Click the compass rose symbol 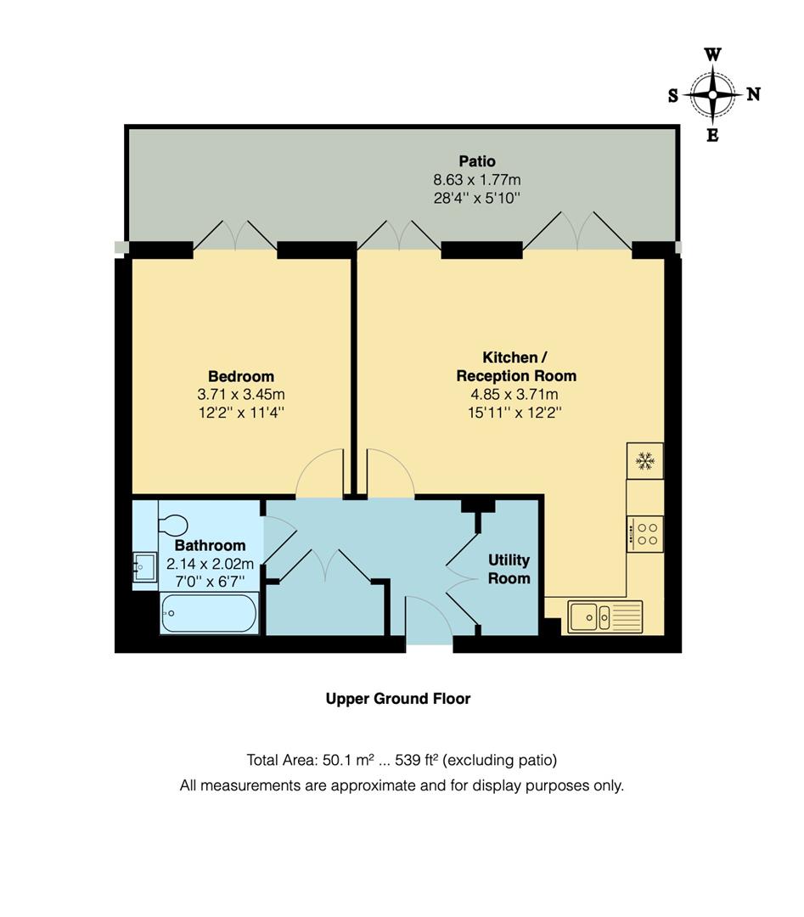[x=712, y=95]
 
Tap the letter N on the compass [x=753, y=95]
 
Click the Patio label [x=476, y=161]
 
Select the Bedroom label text [x=241, y=376]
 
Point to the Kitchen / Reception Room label [x=515, y=367]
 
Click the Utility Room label [x=509, y=569]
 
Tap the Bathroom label [x=210, y=545]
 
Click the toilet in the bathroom [x=173, y=524]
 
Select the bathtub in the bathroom [x=209, y=613]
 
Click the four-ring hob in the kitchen [x=645, y=533]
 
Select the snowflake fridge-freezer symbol [x=645, y=461]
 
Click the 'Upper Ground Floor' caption [x=398, y=699]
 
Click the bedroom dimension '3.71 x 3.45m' [x=241, y=395]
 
